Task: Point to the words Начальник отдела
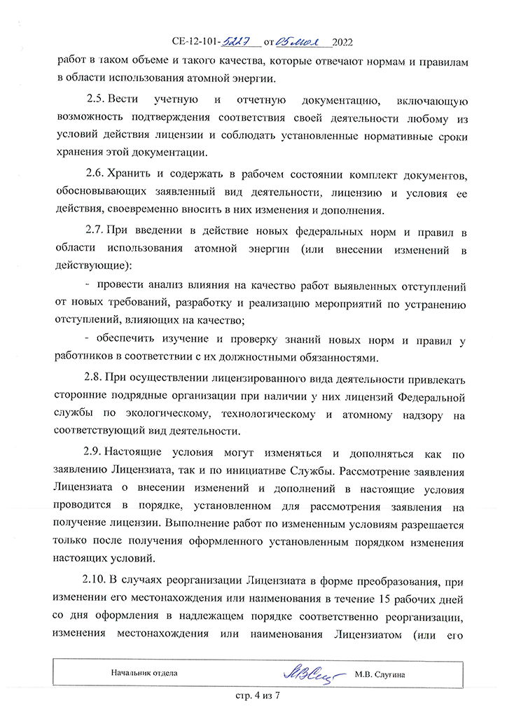pyautogui.click(x=144, y=673)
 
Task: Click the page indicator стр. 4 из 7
pyautogui.click(x=256, y=697)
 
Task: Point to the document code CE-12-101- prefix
pyautogui.click(x=195, y=41)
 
